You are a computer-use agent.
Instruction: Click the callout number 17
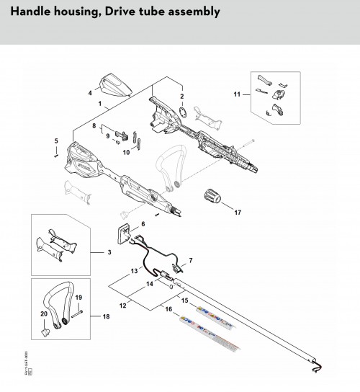[x=238, y=213]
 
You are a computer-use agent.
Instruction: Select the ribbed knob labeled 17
[x=213, y=195]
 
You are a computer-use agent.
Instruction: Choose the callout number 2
[x=182, y=97]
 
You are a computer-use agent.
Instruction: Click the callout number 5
[x=56, y=141]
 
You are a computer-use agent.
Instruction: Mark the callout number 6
[x=143, y=224]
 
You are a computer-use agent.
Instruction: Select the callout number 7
[x=190, y=260]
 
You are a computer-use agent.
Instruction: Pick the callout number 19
[x=79, y=297]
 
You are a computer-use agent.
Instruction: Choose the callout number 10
[x=126, y=152]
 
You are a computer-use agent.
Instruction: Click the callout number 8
[x=94, y=126]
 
